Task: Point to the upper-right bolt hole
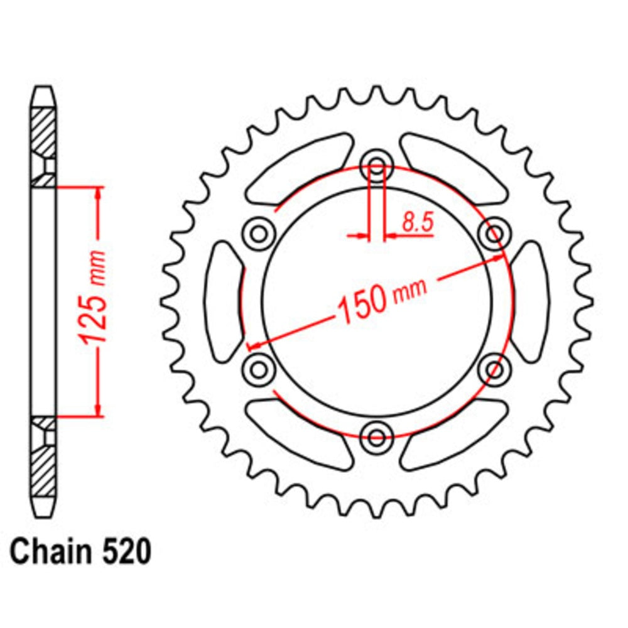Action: pos(494,234)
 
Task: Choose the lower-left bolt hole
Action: pos(259,367)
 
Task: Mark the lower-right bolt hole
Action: pos(494,367)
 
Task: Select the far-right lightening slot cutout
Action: pos(529,300)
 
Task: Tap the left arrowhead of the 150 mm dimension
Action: pos(254,345)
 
